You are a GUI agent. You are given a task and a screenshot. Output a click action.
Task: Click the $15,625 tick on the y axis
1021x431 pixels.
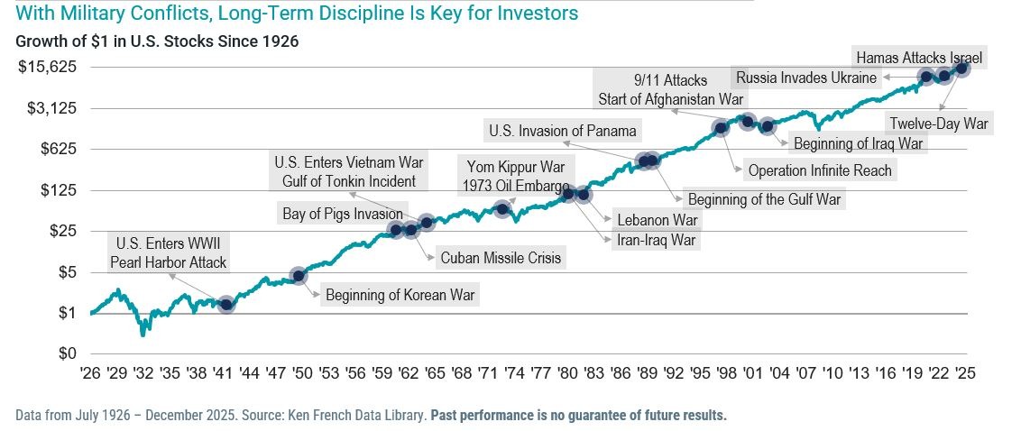[48, 67]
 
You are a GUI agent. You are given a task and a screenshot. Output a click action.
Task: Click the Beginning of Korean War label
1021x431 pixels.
[400, 294]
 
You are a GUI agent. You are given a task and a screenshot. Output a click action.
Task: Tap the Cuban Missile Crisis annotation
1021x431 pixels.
[501, 258]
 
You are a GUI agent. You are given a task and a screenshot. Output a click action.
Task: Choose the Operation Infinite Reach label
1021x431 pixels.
[820, 170]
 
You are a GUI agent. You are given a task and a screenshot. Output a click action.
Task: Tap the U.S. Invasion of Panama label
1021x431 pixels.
[563, 131]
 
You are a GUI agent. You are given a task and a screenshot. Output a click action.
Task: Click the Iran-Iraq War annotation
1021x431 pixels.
[656, 240]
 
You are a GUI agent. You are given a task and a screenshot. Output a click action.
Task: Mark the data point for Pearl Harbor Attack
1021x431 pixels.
[226, 305]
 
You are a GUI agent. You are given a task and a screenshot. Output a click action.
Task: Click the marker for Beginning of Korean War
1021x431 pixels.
[299, 275]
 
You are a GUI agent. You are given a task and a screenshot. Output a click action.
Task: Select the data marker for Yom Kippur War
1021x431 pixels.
[503, 209]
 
